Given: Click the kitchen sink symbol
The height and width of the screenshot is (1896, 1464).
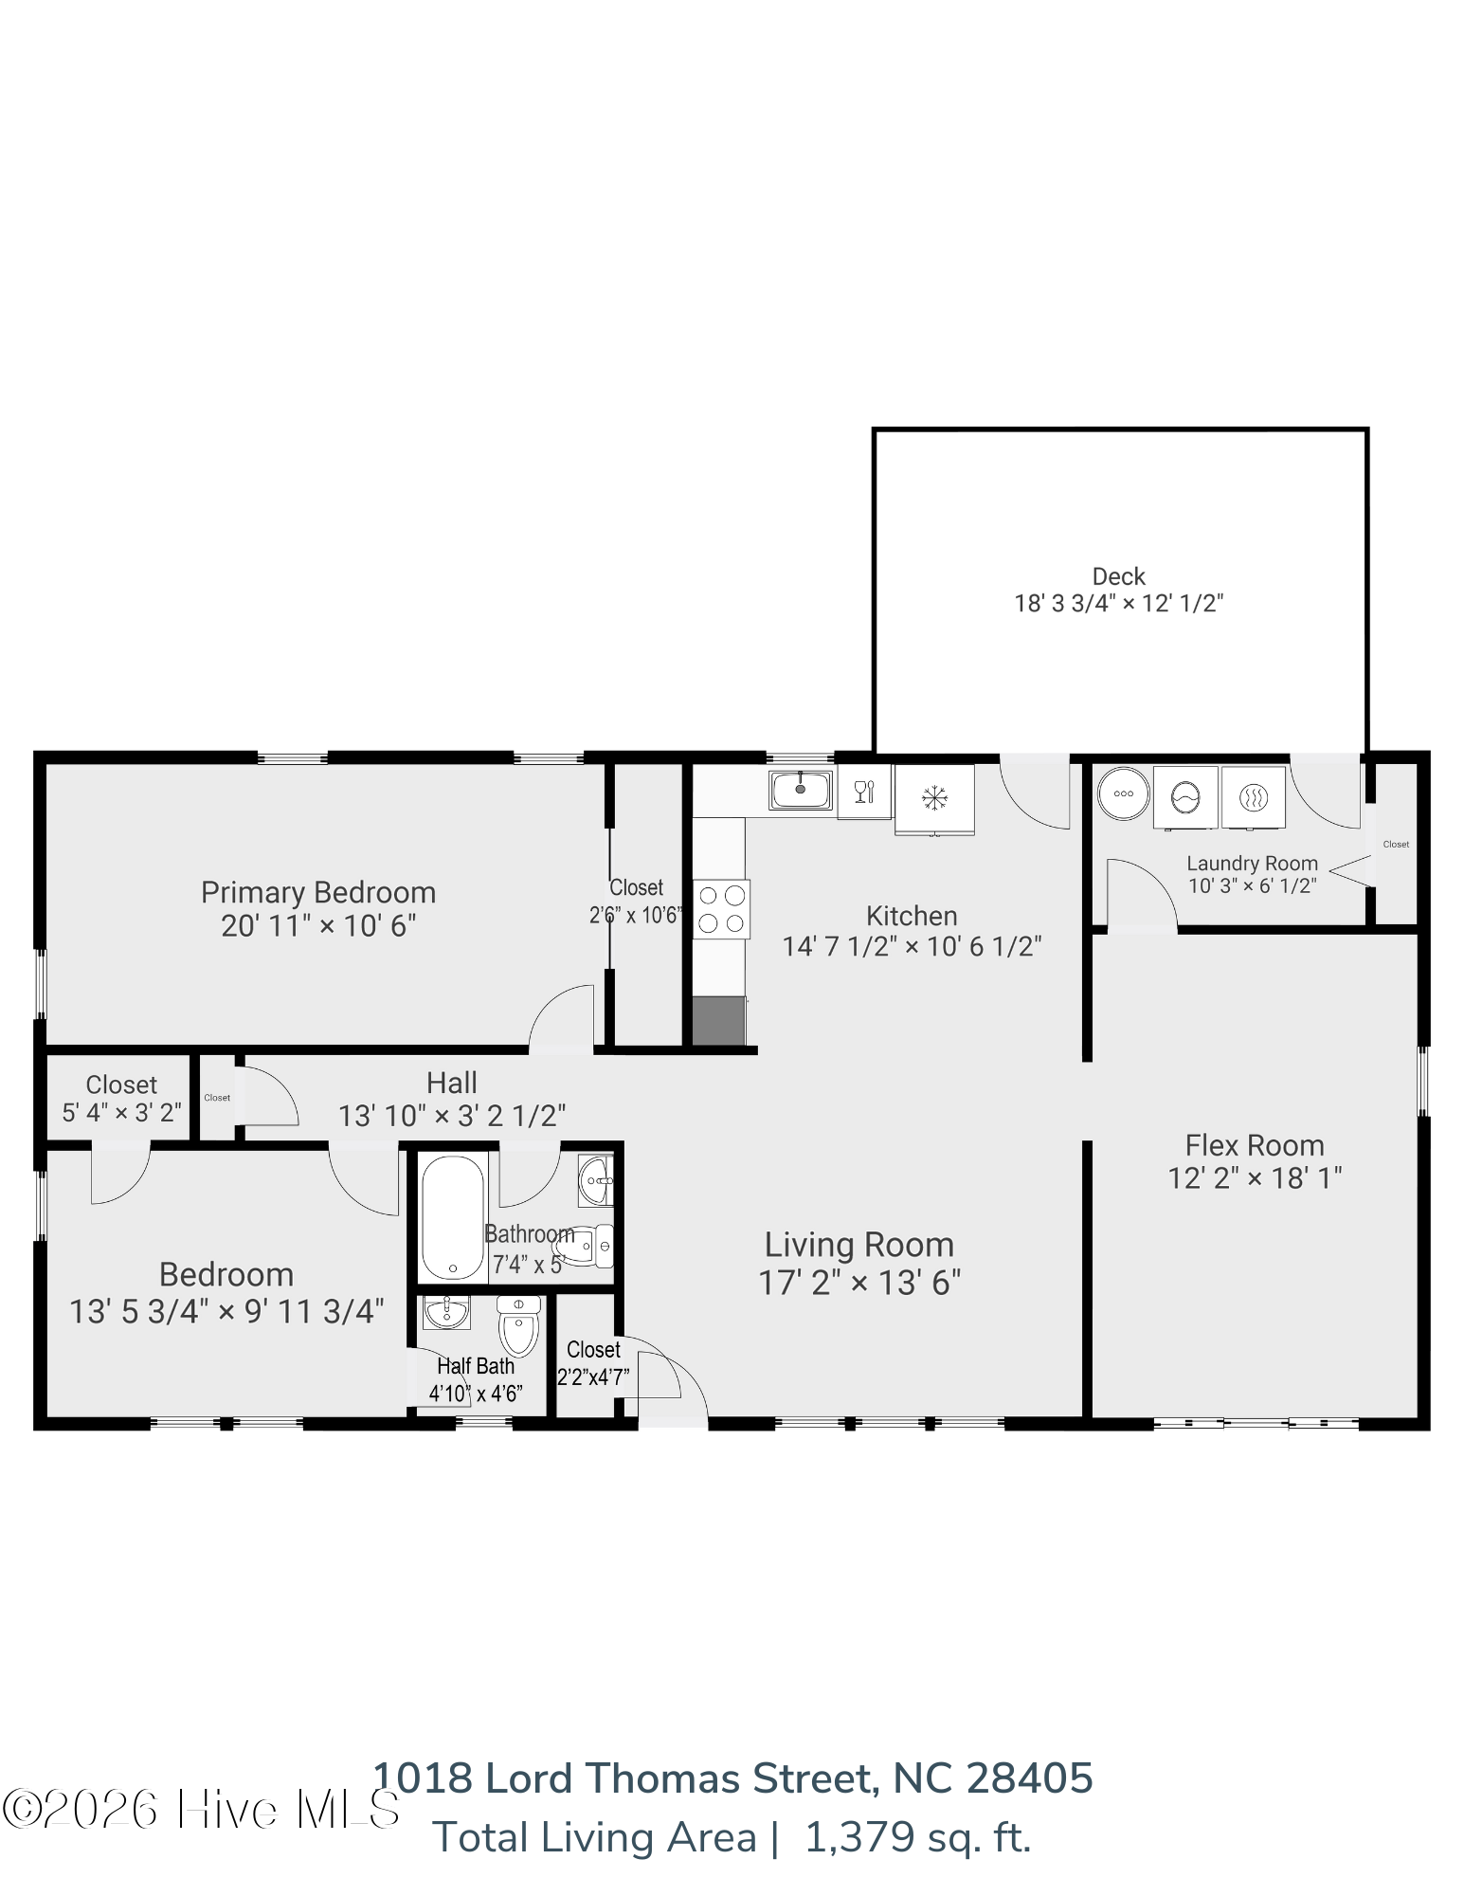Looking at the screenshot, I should (801, 790).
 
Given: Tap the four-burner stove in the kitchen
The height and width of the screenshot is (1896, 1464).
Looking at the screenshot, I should (721, 909).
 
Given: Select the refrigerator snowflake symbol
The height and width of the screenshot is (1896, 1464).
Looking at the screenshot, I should (934, 797).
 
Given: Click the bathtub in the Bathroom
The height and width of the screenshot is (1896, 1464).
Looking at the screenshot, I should (453, 1217).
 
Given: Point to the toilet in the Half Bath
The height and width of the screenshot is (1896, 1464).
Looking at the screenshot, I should (518, 1326).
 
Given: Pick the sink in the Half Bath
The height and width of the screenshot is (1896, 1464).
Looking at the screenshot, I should (446, 1312).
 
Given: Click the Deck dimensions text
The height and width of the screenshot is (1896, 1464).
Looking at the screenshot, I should (1119, 604).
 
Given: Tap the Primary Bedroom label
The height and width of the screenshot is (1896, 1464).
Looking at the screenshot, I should (318, 892).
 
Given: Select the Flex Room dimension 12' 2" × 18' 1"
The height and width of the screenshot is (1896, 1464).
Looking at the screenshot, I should (1255, 1178).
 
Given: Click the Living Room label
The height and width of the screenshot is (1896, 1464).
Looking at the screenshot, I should (859, 1245).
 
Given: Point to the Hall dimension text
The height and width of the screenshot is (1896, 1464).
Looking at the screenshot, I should (452, 1116).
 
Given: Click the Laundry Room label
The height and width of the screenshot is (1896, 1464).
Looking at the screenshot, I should (1252, 864).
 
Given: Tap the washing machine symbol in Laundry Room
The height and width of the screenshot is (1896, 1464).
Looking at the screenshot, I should (1185, 797).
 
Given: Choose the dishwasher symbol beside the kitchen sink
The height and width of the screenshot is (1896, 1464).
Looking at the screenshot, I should (864, 792).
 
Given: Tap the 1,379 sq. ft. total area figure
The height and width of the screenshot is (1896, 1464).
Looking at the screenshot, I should (917, 1837).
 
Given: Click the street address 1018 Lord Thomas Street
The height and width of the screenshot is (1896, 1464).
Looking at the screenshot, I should (626, 1778).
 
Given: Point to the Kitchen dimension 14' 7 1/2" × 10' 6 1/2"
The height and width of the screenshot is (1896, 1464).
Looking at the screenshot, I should (912, 946).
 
